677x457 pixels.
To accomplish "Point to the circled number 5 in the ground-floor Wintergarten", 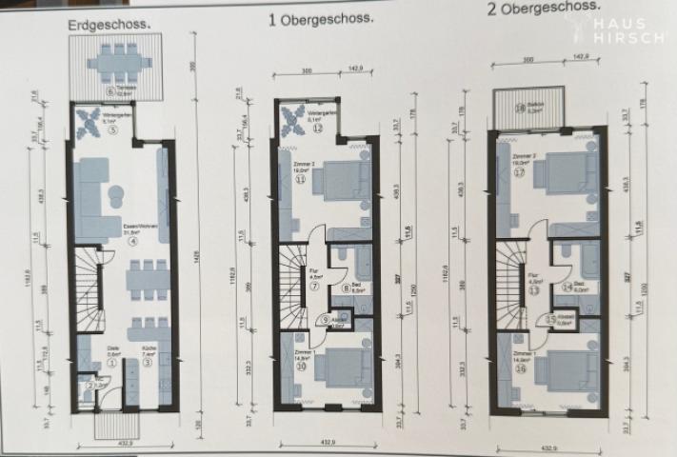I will click(113, 131).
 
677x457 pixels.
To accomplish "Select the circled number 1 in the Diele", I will click(112, 362).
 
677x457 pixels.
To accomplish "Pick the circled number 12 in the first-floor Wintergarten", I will click(316, 127).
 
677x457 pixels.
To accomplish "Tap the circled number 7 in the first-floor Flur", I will click(315, 288).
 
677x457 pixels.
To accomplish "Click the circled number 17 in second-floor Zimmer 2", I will click(518, 173).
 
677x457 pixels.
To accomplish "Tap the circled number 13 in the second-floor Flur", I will click(534, 292).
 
